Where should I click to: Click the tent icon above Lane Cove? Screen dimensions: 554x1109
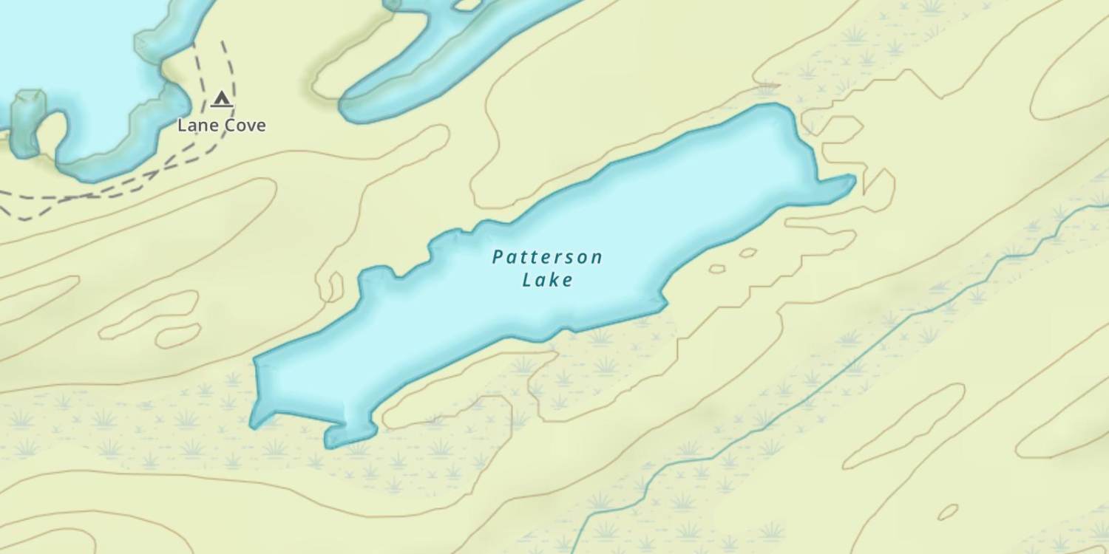[220, 99]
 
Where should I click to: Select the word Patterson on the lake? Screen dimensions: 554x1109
[547, 257]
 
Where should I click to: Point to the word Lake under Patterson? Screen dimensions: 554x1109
[547, 280]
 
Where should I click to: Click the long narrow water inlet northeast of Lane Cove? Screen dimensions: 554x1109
[444, 59]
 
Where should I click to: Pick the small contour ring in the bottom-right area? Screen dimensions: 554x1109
[948, 511]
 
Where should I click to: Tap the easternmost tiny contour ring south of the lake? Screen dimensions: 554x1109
[748, 253]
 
